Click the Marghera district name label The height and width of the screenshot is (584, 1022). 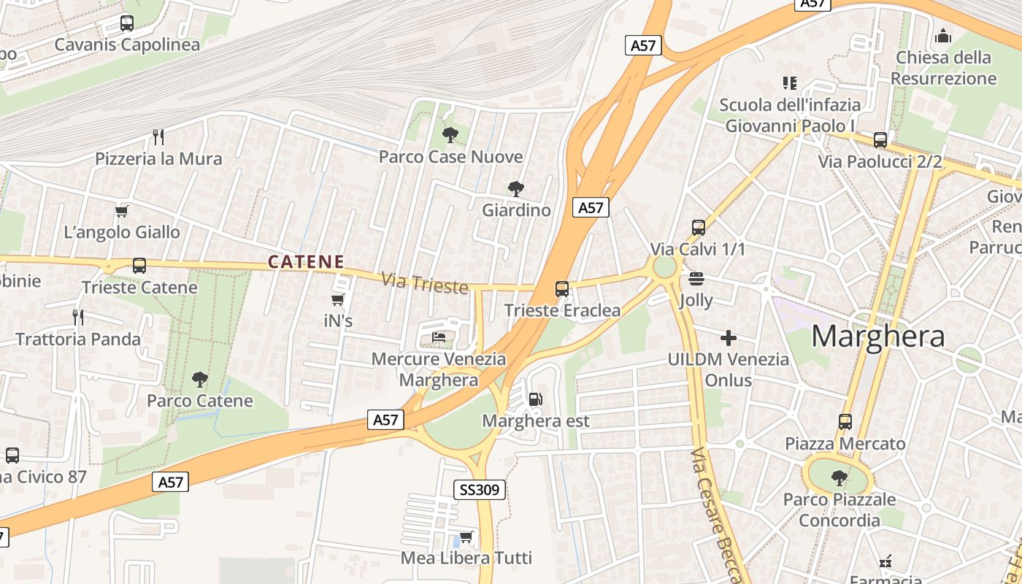pyautogui.click(x=878, y=336)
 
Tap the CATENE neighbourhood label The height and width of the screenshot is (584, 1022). pyautogui.click(x=306, y=261)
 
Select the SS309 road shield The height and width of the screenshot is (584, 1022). pyautogui.click(x=480, y=490)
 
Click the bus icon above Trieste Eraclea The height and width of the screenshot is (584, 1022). pyautogui.click(x=561, y=288)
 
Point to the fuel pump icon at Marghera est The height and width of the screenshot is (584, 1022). pyautogui.click(x=535, y=399)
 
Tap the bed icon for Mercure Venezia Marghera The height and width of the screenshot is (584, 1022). pyautogui.click(x=439, y=337)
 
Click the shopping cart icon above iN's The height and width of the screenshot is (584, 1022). pyautogui.click(x=337, y=299)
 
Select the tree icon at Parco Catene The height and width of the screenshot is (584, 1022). pyautogui.click(x=199, y=379)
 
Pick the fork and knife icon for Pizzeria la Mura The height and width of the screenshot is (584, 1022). pyautogui.click(x=158, y=137)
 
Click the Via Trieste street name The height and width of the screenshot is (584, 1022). pyautogui.click(x=424, y=283)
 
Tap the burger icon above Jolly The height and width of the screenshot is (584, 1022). pyautogui.click(x=696, y=278)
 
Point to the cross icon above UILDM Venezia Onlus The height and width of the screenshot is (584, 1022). pyautogui.click(x=728, y=338)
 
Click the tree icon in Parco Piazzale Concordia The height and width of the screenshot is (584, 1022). pyautogui.click(x=839, y=478)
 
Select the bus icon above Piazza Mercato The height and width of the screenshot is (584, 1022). pyautogui.click(x=845, y=421)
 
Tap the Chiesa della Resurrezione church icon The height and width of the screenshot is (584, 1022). pyautogui.click(x=943, y=36)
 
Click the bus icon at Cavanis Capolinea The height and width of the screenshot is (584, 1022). pyautogui.click(x=126, y=23)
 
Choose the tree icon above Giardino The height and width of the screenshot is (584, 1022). pyautogui.click(x=516, y=189)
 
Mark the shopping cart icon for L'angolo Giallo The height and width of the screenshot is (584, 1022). pyautogui.click(x=121, y=212)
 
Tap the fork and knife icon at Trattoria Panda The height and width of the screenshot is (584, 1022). pyautogui.click(x=78, y=317)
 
